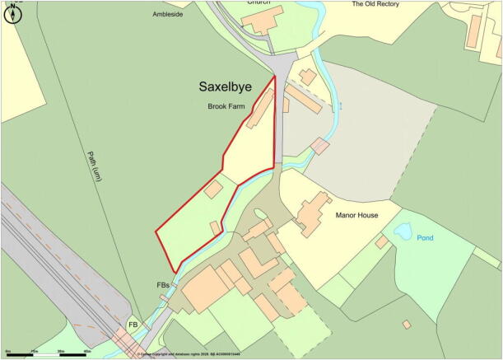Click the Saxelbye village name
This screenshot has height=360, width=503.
231,86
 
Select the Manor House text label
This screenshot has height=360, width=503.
356,215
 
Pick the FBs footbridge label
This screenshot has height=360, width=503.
163,285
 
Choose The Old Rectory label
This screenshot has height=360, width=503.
375,4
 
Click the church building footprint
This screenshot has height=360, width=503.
262,19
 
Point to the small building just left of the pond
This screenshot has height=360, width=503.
381,242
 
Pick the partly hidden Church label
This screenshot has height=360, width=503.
258,2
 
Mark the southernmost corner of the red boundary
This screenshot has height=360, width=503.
175,272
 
